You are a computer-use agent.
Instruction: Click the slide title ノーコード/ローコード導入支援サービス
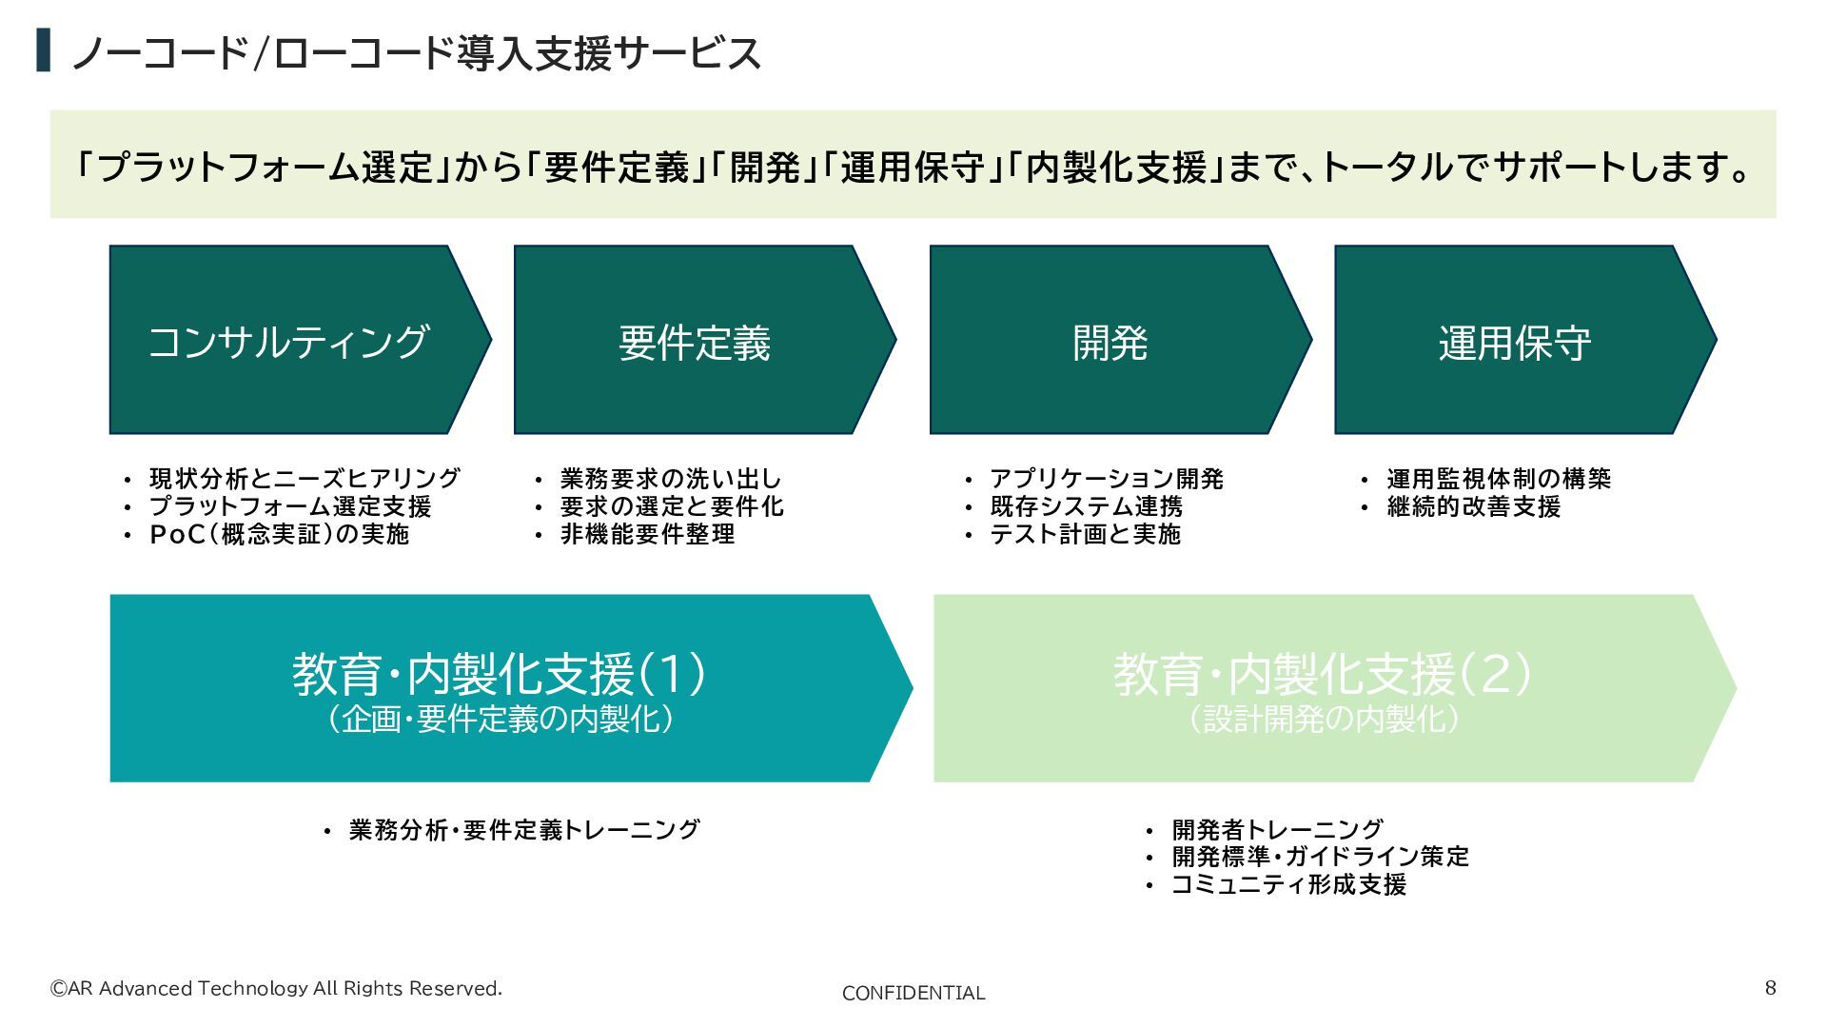coord(417,53)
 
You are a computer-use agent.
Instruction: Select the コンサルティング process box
coord(289,341)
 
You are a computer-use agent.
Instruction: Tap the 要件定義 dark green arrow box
coord(695,341)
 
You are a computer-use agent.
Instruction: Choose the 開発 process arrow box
coord(1110,341)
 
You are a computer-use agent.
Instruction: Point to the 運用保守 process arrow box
coord(1515,341)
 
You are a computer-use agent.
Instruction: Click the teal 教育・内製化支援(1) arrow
coord(500,688)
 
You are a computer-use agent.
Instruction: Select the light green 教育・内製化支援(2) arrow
coord(1323,688)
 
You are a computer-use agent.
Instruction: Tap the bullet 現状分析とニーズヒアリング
coord(304,479)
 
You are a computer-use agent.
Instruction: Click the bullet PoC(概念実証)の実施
coord(280,534)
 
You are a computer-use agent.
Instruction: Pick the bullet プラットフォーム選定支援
coord(290,506)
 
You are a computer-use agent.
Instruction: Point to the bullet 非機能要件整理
coord(647,534)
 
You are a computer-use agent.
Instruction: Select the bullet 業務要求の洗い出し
coord(671,479)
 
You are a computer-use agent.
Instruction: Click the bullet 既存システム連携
coord(1087,506)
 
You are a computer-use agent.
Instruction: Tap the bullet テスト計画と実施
coord(1086,534)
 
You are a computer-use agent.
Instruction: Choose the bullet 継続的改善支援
coord(1474,506)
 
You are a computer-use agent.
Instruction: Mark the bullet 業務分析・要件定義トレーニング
coord(524,830)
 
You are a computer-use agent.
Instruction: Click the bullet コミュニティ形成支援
coord(1289,885)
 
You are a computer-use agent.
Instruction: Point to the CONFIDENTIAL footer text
coord(913,994)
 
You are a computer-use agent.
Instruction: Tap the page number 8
coord(1771,988)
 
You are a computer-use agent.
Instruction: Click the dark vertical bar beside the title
coord(43,50)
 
